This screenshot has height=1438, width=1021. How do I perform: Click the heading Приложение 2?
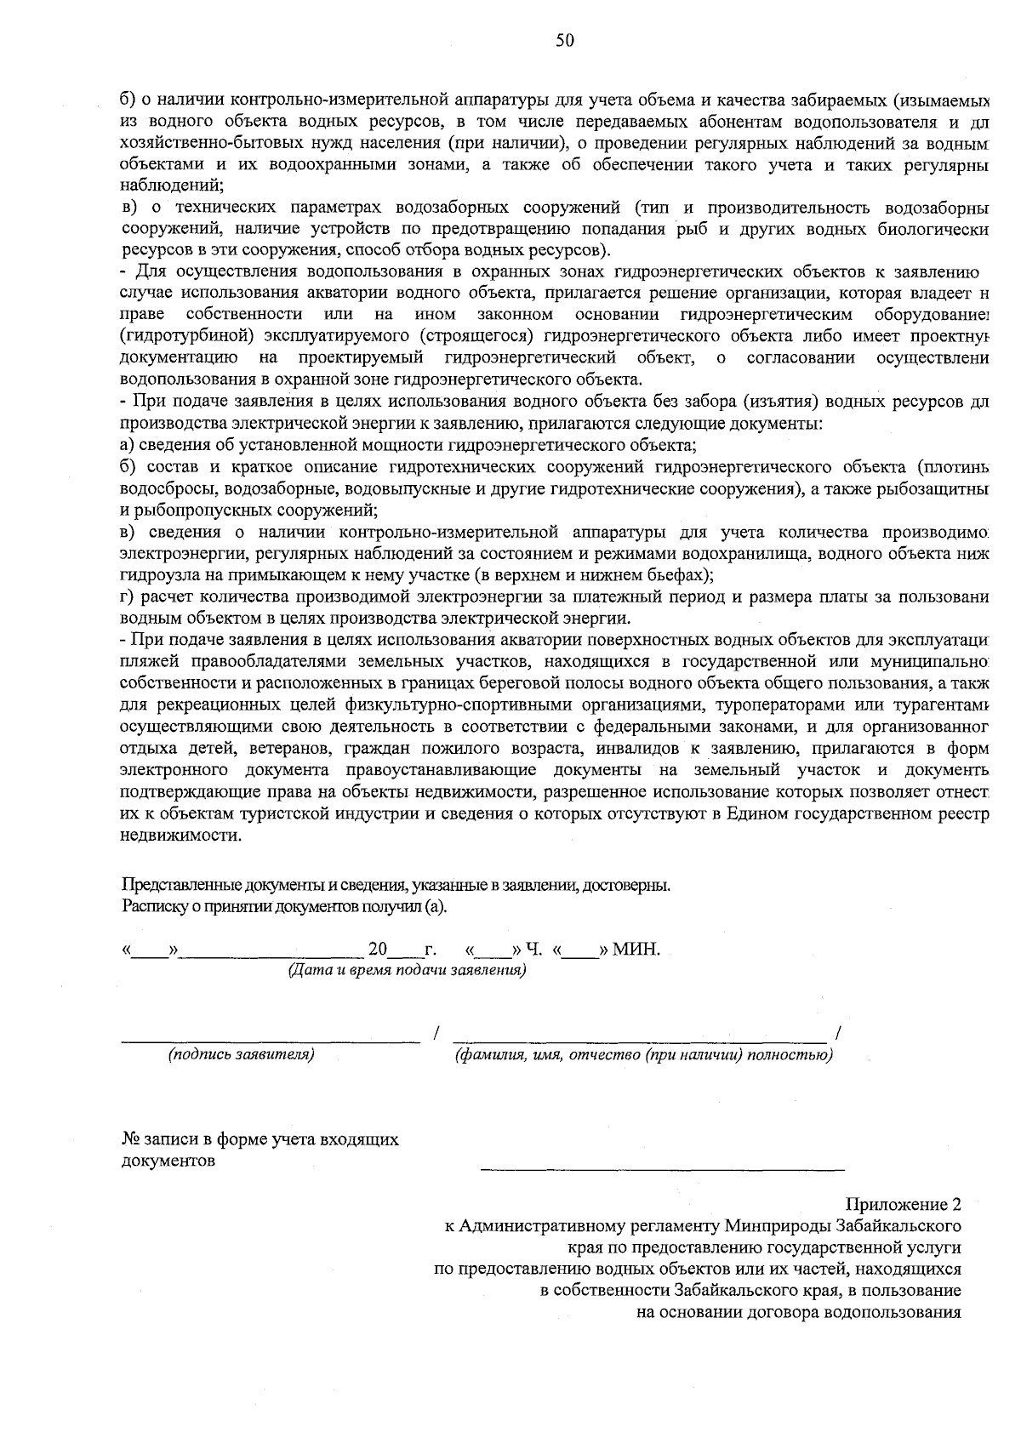tap(903, 1205)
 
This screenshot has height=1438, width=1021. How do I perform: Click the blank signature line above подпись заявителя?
tap(271, 1039)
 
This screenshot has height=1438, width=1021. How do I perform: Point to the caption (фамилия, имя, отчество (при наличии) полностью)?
tap(644, 1055)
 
